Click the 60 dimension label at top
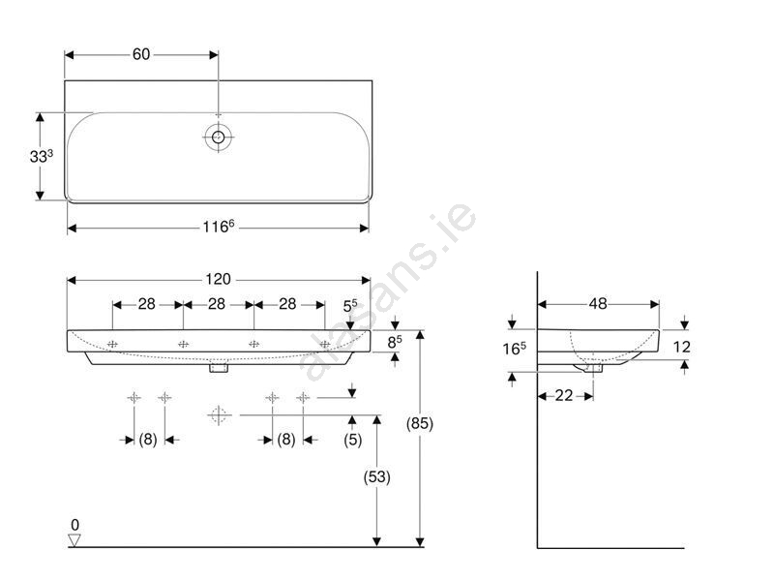pyautogui.click(x=141, y=54)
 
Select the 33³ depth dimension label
pyautogui.click(x=41, y=156)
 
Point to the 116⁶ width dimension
pyautogui.click(x=219, y=227)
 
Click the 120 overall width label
pyautogui.click(x=219, y=279)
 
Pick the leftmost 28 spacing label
pyautogui.click(x=147, y=304)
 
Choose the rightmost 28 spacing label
pyautogui.click(x=287, y=304)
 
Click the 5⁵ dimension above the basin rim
pyautogui.click(x=350, y=306)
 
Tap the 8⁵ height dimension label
pyautogui.click(x=395, y=342)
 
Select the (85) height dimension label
pyautogui.click(x=420, y=423)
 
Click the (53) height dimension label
pyautogui.click(x=376, y=477)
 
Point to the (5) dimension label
pyautogui.click(x=352, y=440)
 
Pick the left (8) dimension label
pyautogui.click(x=148, y=440)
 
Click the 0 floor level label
pyautogui.click(x=75, y=525)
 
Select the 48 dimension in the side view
pyautogui.click(x=598, y=304)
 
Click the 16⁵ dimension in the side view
pyautogui.click(x=514, y=349)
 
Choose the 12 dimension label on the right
pyautogui.click(x=681, y=347)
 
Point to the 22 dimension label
pyautogui.click(x=564, y=395)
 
